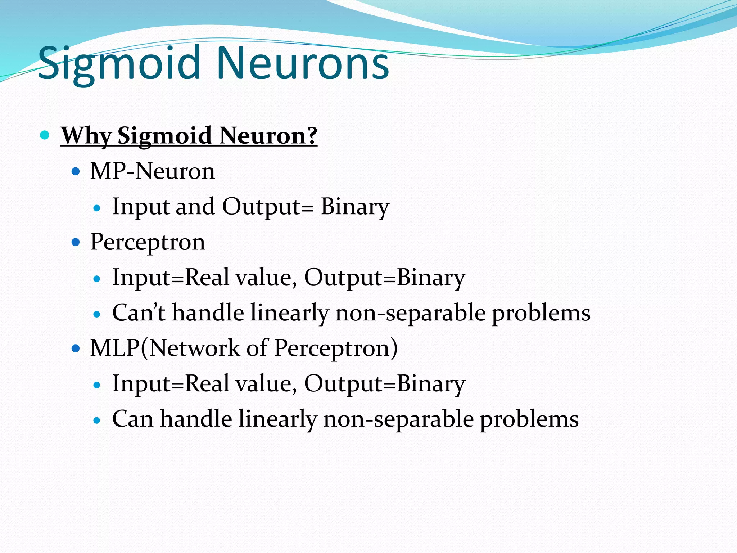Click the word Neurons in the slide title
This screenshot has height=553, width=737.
[x=302, y=64]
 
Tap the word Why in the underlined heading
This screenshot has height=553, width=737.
[x=86, y=136]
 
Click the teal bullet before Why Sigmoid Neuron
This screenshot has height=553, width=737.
[x=45, y=135]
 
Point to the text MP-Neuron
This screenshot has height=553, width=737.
[x=152, y=171]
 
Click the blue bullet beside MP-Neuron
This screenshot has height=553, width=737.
[x=76, y=171]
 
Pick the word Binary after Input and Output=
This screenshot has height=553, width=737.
[x=355, y=207]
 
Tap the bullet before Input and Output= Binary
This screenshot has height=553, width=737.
[x=96, y=208]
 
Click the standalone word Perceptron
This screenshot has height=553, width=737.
[x=148, y=242]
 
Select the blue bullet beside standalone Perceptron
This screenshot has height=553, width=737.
[x=76, y=242]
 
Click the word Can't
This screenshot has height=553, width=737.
[x=139, y=312]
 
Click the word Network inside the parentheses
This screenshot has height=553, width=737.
[x=194, y=348]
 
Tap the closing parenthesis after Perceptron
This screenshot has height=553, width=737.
[x=394, y=348]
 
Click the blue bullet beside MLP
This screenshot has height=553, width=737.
[x=76, y=349]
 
